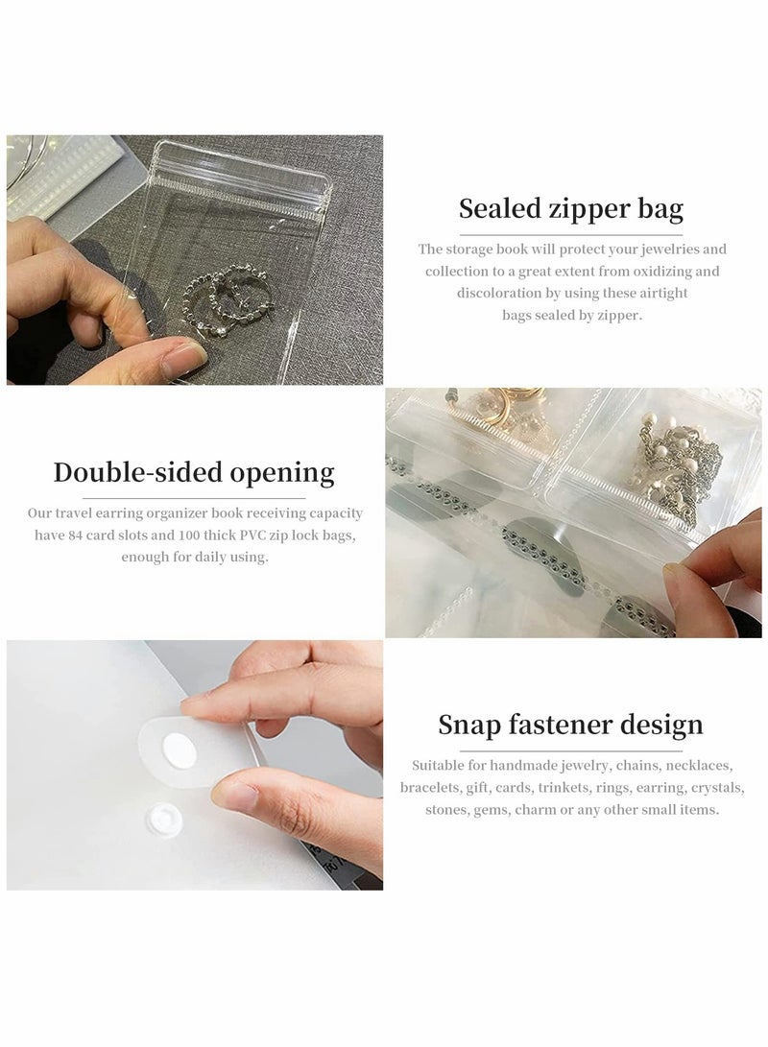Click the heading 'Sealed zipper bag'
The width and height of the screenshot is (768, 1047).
571,208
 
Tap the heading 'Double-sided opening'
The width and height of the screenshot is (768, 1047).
194,472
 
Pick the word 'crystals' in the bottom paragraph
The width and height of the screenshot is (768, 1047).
717,787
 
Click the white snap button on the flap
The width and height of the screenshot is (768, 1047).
177,751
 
